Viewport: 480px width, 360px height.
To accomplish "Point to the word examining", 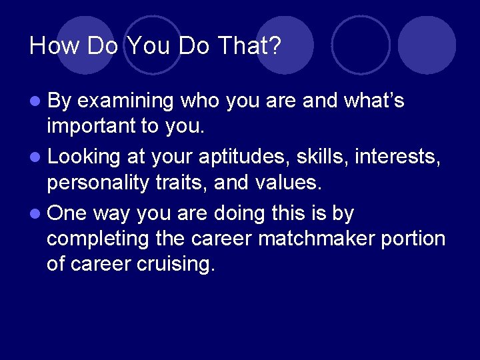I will [125, 101].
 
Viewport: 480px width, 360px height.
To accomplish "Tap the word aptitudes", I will [231, 157].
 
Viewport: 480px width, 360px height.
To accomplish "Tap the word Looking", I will [84, 158].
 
